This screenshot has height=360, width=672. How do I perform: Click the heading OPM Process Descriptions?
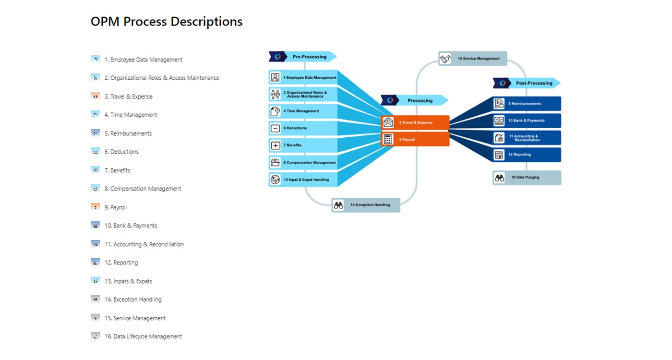pyautogui.click(x=167, y=22)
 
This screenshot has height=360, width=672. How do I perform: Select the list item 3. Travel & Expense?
pyautogui.click(x=128, y=96)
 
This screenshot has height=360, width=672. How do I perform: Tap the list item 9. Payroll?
pyautogui.click(x=116, y=207)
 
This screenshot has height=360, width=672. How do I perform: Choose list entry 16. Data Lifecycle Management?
pyautogui.click(x=143, y=336)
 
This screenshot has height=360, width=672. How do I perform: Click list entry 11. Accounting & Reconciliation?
pyautogui.click(x=144, y=244)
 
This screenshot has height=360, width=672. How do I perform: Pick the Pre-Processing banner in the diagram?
pyautogui.click(x=309, y=57)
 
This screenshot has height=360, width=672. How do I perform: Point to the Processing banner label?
pyautogui.click(x=420, y=100)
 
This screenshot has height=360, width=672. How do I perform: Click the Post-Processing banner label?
pyautogui.click(x=534, y=83)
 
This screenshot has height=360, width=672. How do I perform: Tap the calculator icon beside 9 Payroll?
pyautogui.click(x=388, y=140)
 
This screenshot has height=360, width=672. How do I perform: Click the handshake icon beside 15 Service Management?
pyautogui.click(x=445, y=59)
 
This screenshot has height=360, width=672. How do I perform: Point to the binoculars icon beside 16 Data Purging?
pyautogui.click(x=500, y=178)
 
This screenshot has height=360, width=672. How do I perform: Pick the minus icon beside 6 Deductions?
pyautogui.click(x=276, y=128)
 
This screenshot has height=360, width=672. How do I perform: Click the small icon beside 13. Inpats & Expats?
pyautogui.click(x=95, y=281)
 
